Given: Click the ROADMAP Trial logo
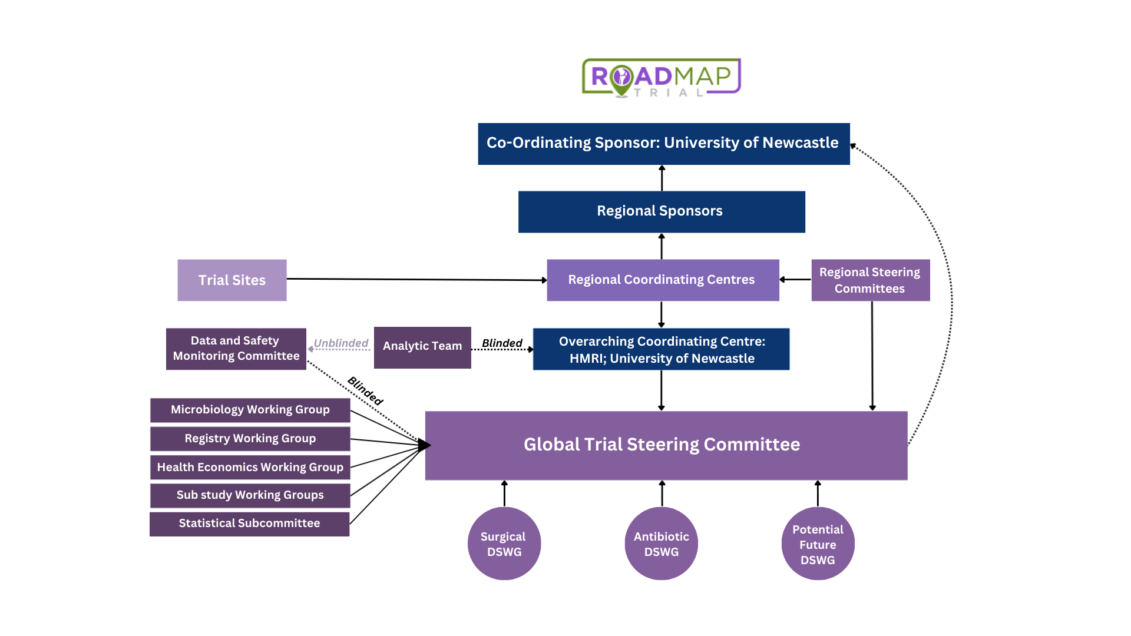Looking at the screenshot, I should (x=661, y=77).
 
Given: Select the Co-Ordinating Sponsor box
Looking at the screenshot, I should (x=663, y=144).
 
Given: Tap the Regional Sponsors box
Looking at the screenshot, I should (x=661, y=211).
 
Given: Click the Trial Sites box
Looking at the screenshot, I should (x=232, y=280).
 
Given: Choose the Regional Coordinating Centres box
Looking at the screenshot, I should (x=662, y=280).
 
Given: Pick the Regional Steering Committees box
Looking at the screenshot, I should (x=870, y=280).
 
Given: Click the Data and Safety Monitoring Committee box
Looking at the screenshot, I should (x=236, y=349).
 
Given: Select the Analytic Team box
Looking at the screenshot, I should (x=422, y=347).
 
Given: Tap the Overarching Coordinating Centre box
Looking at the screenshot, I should (x=661, y=349).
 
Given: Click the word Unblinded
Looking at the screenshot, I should (x=340, y=343).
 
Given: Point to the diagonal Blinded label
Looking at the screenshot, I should (x=365, y=390).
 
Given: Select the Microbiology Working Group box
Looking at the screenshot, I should (x=250, y=410).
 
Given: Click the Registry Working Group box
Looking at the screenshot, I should (x=250, y=439).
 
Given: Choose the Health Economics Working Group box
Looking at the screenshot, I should (x=250, y=467).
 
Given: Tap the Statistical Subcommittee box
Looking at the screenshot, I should (x=249, y=524).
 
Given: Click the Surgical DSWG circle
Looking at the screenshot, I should (x=504, y=544).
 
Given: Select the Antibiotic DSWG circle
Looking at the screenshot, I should (x=661, y=544).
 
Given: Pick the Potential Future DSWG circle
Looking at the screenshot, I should (x=818, y=544).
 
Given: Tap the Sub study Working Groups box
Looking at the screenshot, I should (x=250, y=495).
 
